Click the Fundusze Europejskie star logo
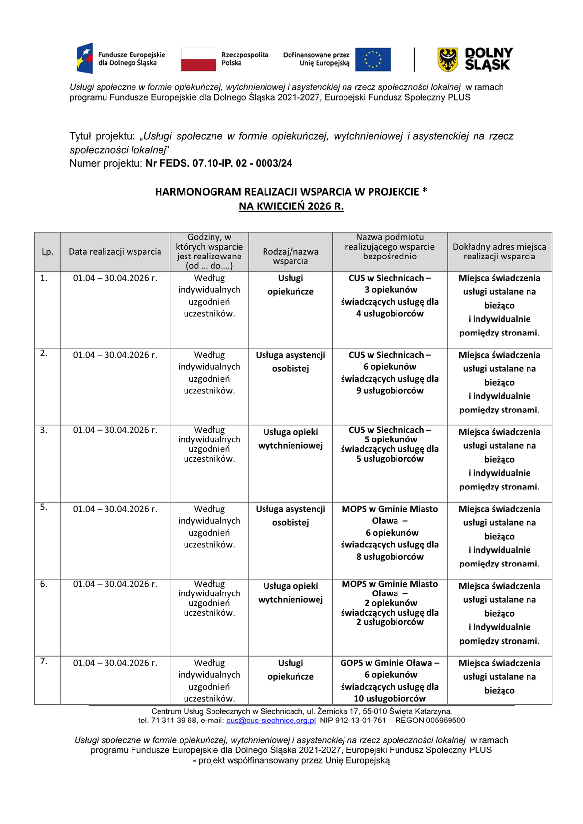tap(84, 58)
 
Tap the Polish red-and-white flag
tap(198, 59)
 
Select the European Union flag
tap(373, 59)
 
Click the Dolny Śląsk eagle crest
tap(448, 59)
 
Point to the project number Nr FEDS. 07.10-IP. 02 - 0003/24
tap(219, 163)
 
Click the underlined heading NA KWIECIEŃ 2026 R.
tap(291, 206)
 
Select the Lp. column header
tap(47, 252)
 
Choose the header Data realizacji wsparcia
tap(115, 252)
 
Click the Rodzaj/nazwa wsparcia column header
tap(291, 256)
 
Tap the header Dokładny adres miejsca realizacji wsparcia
tap(499, 252)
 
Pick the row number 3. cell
tap(44, 430)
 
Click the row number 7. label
tap(44, 661)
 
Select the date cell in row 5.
tap(115, 509)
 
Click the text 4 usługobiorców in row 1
tap(390, 314)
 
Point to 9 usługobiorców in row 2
tap(390, 391)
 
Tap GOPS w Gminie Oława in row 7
tap(386, 663)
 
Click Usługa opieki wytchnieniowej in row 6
tap(291, 592)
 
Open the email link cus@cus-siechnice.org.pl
tap(271, 721)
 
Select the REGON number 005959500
tap(446, 721)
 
